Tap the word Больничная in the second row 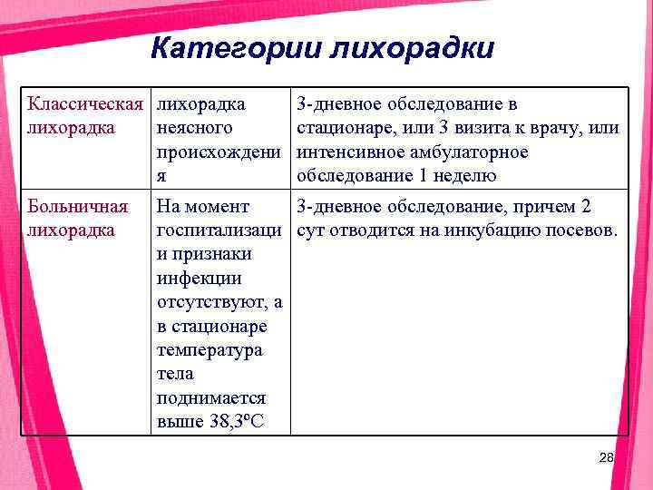pyautogui.click(x=72, y=207)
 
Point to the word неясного pyautogui.click(x=194, y=128)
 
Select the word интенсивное pyautogui.click(x=348, y=152)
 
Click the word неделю pyautogui.click(x=466, y=175)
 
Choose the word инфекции pyautogui.click(x=199, y=278)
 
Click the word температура pyautogui.click(x=210, y=349)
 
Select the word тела pyautogui.click(x=174, y=373)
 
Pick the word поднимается pyautogui.click(x=211, y=397)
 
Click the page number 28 pyautogui.click(x=607, y=459)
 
